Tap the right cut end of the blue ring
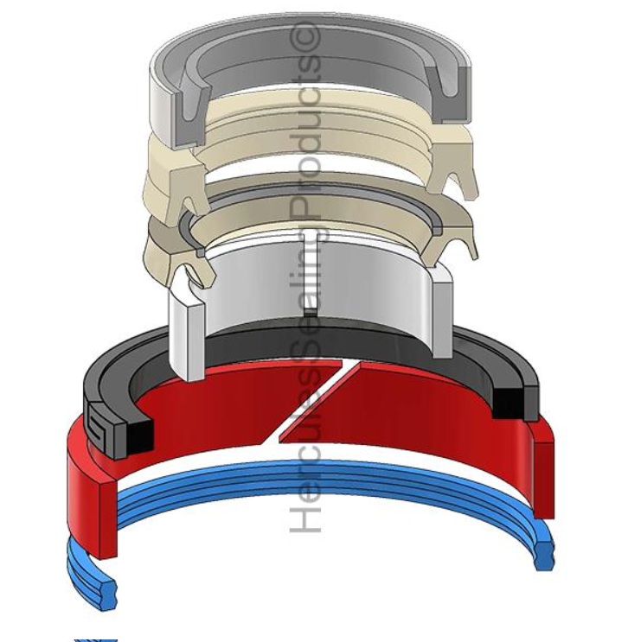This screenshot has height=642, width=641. click(x=545, y=556)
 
